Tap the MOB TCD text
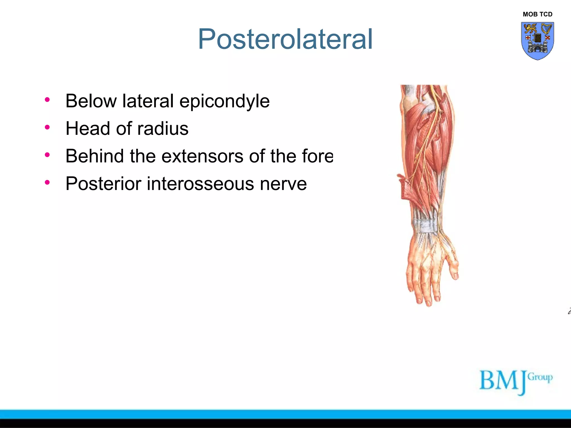pos(537,14)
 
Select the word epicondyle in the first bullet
pos(224,101)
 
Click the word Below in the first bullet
pos(91,101)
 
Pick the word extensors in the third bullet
pos(202,156)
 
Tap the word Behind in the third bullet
pos(95,156)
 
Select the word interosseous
pos(200,184)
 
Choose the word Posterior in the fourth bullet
pos(103,184)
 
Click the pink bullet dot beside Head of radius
pos(47,127)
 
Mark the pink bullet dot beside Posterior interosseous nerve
pos(47,183)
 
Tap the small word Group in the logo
pos(540,377)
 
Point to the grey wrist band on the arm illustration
pos(425,226)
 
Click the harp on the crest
pos(546,29)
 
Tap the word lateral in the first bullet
pos(148,101)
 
